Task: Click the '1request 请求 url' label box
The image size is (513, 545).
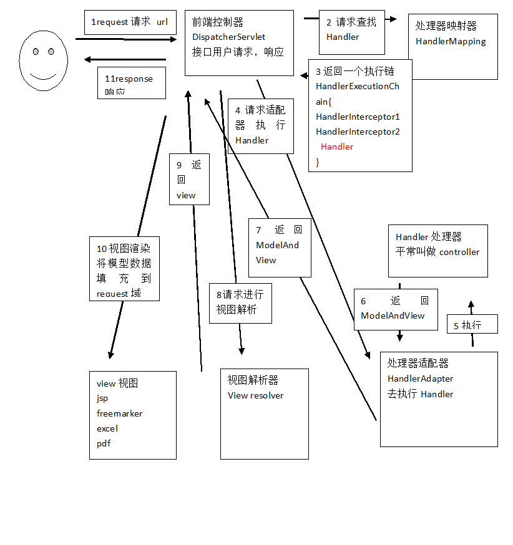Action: (x=130, y=22)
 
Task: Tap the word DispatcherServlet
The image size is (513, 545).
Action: (x=229, y=37)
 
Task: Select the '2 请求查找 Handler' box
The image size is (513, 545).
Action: (x=351, y=29)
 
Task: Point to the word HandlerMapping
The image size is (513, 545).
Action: (x=451, y=42)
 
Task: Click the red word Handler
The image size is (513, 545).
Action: (x=337, y=147)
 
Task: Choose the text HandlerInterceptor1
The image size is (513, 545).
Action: (x=358, y=117)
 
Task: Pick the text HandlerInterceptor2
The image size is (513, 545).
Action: (x=358, y=132)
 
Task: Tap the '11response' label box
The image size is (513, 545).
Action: (x=132, y=83)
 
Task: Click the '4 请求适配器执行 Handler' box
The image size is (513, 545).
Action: (x=260, y=125)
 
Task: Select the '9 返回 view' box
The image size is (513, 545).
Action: (x=189, y=180)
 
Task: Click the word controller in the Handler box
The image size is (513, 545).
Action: (x=459, y=253)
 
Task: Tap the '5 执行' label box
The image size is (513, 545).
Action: (x=472, y=326)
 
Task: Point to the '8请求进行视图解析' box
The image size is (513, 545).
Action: (x=240, y=302)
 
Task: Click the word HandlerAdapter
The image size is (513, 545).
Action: (x=420, y=379)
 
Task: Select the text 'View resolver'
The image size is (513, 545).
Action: (x=255, y=395)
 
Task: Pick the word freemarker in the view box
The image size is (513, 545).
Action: (x=120, y=413)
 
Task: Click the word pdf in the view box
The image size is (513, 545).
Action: (x=104, y=443)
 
